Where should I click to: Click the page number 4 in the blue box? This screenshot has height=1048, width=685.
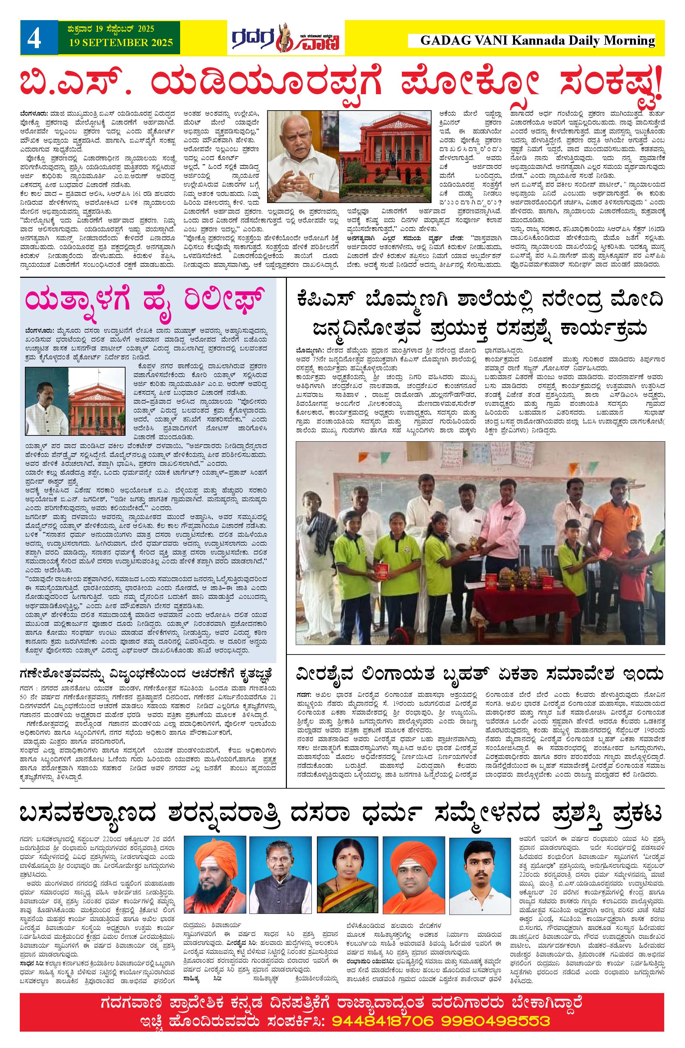pos(34,40)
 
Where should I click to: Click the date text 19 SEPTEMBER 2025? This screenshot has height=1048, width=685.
pos(121,43)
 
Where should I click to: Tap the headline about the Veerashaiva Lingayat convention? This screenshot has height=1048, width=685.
pos(480,675)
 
